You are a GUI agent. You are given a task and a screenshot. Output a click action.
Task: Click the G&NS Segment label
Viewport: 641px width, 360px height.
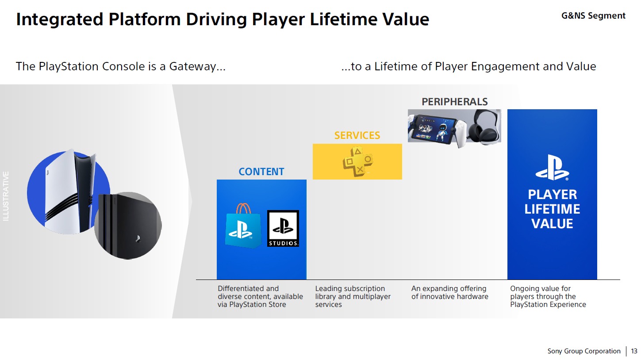[x=593, y=16]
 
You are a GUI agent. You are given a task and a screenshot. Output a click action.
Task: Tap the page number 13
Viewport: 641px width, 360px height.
[x=634, y=351]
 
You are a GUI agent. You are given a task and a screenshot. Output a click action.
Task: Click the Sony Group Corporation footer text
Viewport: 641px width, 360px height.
[x=583, y=351]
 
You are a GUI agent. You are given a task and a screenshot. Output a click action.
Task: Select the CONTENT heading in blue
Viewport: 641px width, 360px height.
[x=261, y=172]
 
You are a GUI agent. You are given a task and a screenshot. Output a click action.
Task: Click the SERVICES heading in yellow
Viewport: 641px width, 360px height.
[x=357, y=135]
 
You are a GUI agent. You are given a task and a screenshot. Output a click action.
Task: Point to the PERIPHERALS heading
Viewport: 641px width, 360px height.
[x=454, y=102]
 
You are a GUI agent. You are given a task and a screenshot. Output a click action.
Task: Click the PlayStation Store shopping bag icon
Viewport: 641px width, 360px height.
[x=240, y=226]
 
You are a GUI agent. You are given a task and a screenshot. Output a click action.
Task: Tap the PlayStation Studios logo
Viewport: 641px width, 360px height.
[x=283, y=228]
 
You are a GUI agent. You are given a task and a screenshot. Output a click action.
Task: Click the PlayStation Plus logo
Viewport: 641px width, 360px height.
[x=357, y=161]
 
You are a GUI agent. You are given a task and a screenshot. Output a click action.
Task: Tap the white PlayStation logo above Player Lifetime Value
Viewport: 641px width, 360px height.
[x=552, y=168]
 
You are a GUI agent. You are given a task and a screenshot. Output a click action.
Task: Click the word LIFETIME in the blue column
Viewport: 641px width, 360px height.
[x=552, y=209]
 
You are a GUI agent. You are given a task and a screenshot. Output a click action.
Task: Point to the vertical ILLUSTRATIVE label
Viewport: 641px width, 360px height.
[x=6, y=196]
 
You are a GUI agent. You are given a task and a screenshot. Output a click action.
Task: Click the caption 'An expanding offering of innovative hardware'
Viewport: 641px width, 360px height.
[x=449, y=292]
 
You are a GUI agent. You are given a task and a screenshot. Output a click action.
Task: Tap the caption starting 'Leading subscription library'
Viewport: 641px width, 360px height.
[x=353, y=296]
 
